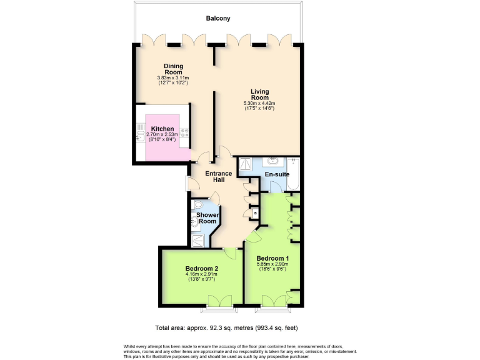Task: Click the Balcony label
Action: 218,19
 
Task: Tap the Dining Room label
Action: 173,69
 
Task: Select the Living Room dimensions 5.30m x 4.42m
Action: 259,104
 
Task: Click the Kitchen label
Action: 162,129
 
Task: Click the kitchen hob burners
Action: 185,133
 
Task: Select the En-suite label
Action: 277,174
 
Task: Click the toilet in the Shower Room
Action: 197,205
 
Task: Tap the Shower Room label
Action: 207,218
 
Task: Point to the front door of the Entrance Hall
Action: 187,182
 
